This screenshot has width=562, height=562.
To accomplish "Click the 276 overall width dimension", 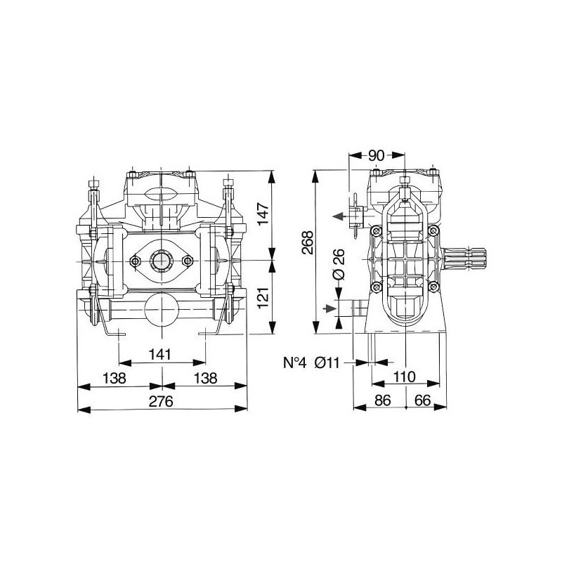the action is point(161,401).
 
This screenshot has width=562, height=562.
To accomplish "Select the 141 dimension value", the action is point(160,355).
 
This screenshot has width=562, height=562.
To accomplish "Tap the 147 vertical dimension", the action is point(263,214).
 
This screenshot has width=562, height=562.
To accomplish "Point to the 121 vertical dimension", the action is point(263,297).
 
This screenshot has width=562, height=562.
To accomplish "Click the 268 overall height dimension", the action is point(308,242).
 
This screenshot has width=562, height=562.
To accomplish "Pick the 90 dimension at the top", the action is point(377,155).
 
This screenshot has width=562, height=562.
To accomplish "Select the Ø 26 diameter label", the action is point(339,264).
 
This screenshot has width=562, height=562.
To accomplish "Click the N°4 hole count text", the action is point(295,362).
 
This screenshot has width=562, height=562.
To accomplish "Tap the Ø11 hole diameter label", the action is point(327,362).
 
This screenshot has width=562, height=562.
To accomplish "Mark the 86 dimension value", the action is point(382,400).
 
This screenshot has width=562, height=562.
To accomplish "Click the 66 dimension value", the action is point(422,400).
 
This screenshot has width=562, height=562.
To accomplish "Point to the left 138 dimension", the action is point(115,378).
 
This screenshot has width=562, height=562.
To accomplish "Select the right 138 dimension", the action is point(206,378).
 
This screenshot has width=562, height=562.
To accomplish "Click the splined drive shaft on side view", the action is point(464,259).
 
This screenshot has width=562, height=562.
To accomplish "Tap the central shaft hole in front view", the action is point(162,261).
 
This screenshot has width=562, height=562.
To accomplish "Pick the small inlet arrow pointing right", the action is point(329,308).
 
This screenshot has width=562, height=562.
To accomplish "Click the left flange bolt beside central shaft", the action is point(135,261).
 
